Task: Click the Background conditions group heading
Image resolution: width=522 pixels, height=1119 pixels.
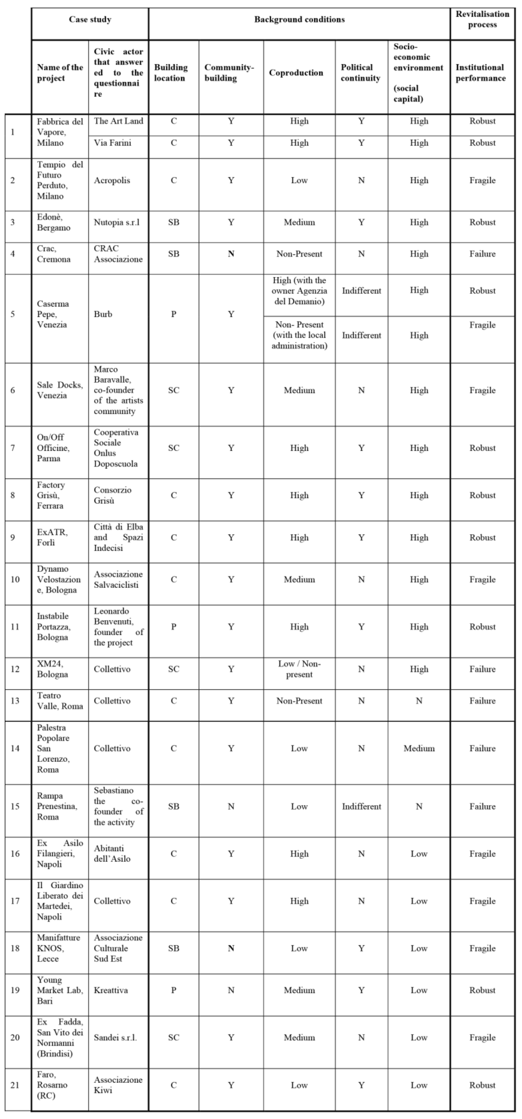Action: tap(299, 20)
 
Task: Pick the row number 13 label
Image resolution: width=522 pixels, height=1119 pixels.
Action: tap(15, 701)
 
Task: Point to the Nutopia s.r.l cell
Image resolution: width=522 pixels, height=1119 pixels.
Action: tap(116, 222)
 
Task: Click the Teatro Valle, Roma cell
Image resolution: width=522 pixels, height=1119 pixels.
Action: tap(59, 701)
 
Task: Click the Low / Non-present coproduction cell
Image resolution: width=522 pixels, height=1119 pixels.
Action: tap(299, 669)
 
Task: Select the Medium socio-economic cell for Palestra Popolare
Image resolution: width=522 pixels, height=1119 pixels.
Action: tap(419, 748)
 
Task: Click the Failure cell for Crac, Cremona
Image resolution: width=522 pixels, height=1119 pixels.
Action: tap(482, 254)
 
